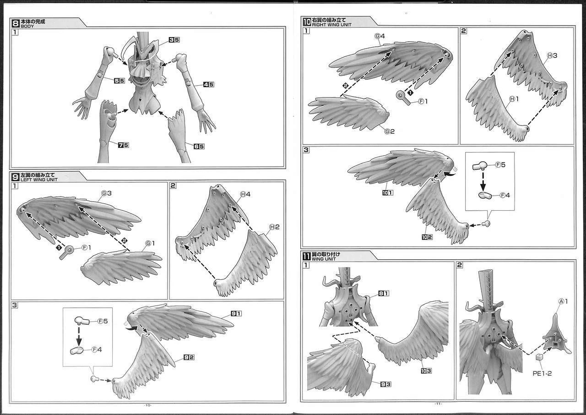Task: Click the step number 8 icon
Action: [x=16, y=23]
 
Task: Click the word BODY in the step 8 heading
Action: [x=27, y=26]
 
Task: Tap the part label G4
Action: [x=380, y=36]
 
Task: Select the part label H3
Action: [x=552, y=55]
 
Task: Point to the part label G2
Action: [x=390, y=131]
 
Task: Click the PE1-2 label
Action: [x=542, y=373]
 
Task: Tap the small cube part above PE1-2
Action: [x=539, y=357]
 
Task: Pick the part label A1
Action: [x=564, y=301]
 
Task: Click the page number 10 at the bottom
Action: [x=148, y=405]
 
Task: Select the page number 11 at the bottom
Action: [x=439, y=404]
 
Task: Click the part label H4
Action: [x=245, y=194]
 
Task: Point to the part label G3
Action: [x=107, y=193]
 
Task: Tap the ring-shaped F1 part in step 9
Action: [x=66, y=252]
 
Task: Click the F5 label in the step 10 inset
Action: [x=500, y=164]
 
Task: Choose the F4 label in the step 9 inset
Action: [x=97, y=349]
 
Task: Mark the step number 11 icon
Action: [x=307, y=256]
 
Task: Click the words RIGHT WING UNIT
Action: [x=332, y=25]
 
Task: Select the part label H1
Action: [x=514, y=98]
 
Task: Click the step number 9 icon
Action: [x=16, y=177]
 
